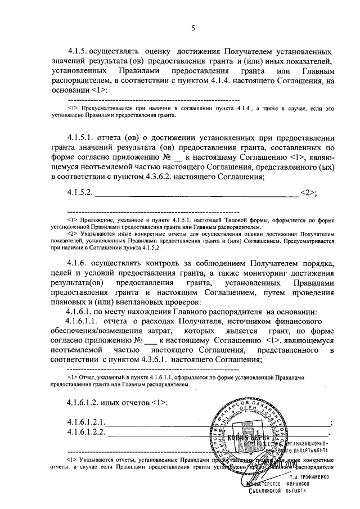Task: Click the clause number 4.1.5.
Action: point(78,51)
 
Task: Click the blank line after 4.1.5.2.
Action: point(197,195)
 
